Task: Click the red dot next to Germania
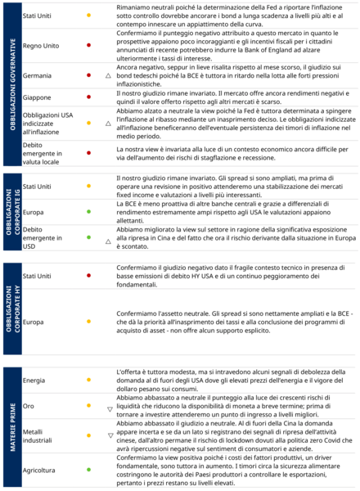coord(88,74)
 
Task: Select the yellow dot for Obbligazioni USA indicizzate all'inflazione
coord(88,124)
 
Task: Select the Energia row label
coord(34,381)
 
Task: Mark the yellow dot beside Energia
coord(88,381)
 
